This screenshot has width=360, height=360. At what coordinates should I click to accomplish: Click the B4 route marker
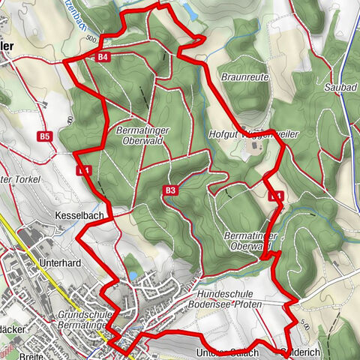pos(103,57)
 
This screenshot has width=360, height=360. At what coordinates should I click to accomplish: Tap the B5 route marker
pos(45,136)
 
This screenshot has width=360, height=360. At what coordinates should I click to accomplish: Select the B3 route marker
pos(170,190)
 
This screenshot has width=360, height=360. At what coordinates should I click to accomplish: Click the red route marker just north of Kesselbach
pos(84,171)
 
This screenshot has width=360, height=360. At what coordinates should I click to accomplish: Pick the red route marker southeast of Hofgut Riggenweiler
pos(276,196)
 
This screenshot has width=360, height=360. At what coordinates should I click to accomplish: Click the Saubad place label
pos(339,87)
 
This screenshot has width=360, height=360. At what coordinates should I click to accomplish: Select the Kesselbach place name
pos(73,214)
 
